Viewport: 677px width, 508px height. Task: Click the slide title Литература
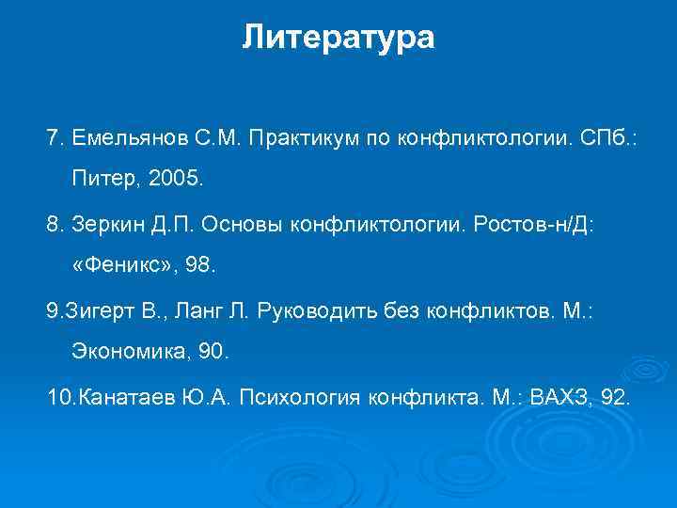pyautogui.click(x=338, y=38)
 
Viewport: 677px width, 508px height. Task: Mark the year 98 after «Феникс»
pyautogui.click(x=200, y=266)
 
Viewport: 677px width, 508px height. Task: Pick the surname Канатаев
pyautogui.click(x=123, y=398)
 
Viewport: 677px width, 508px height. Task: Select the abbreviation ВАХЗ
pyautogui.click(x=561, y=398)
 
